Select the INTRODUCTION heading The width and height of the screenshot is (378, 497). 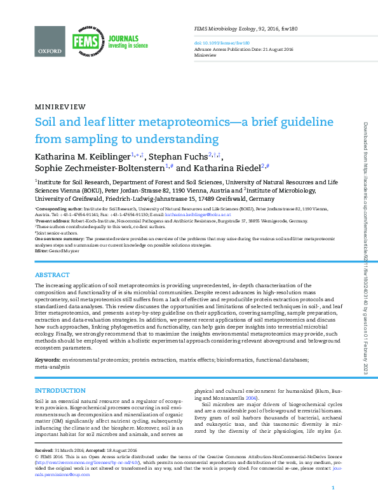coord(59,390)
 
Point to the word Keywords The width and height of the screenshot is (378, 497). coord(48,360)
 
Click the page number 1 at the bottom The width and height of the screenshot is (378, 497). coord(333,487)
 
